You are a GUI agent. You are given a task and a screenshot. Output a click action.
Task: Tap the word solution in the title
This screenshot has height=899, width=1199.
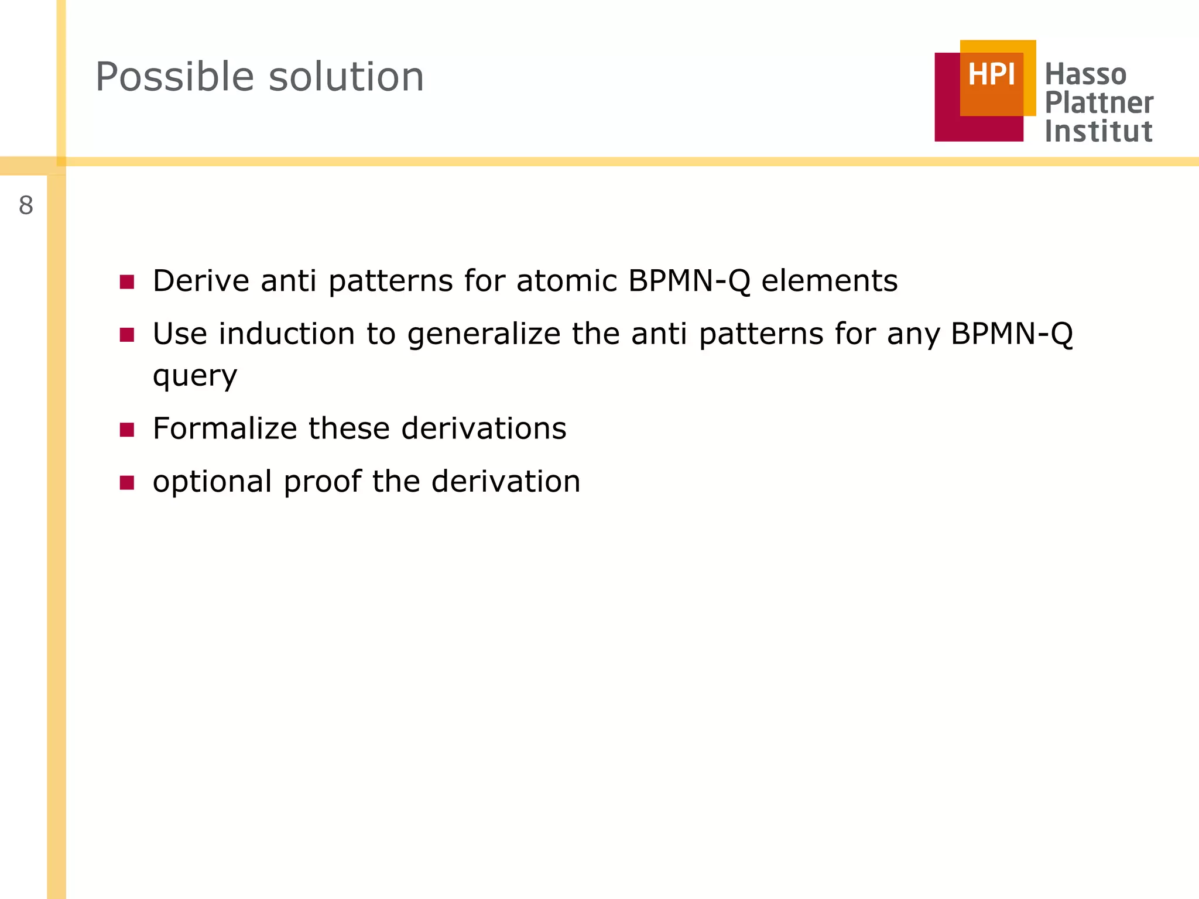(x=346, y=77)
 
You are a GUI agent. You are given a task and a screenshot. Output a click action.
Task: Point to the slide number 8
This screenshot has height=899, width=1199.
(x=26, y=206)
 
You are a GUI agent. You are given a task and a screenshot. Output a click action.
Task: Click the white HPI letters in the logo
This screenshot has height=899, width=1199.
(x=991, y=75)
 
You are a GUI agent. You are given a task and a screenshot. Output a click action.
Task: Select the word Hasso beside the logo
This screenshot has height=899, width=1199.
(x=1085, y=75)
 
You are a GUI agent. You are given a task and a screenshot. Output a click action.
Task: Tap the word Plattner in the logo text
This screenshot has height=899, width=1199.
(x=1099, y=103)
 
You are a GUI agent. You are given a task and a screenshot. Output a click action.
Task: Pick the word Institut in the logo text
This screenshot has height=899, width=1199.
(x=1098, y=131)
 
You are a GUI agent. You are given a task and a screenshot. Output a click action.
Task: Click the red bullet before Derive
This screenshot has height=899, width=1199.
(x=127, y=282)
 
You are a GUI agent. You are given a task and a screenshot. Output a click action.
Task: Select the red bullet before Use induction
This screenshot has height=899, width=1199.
(x=127, y=335)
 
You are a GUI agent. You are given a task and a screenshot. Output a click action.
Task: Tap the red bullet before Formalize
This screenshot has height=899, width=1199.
(x=127, y=430)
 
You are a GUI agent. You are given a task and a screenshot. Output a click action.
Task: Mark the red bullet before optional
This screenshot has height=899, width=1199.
(x=127, y=483)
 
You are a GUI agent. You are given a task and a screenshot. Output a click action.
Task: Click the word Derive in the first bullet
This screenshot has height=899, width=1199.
(x=201, y=281)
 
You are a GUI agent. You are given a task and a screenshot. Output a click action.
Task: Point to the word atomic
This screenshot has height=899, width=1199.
(x=566, y=281)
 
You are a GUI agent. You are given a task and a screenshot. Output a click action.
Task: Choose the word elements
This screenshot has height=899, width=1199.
(x=829, y=281)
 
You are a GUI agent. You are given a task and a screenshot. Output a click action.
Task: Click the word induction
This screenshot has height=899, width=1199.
(x=287, y=334)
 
